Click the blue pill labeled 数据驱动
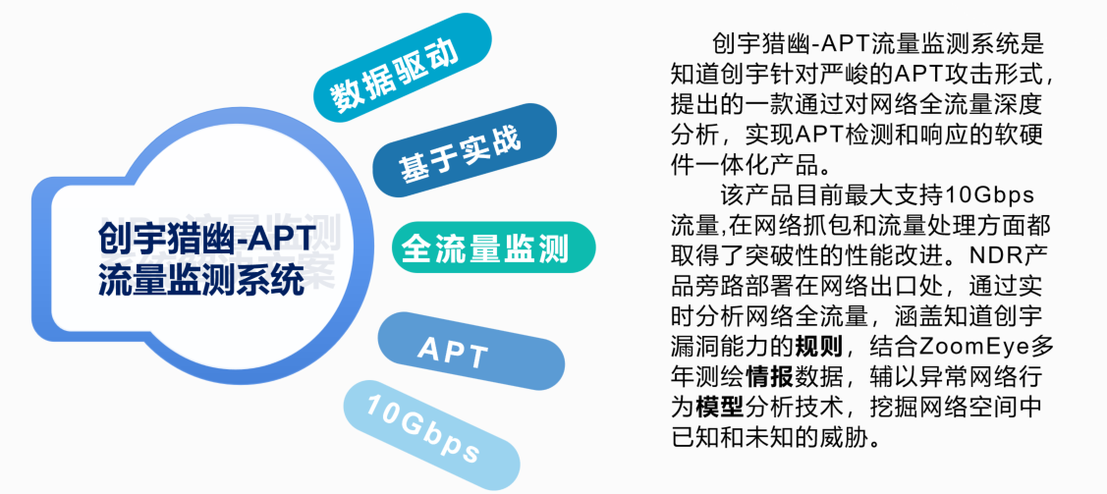402,69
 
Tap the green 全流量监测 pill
494,247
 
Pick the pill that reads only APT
471,351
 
